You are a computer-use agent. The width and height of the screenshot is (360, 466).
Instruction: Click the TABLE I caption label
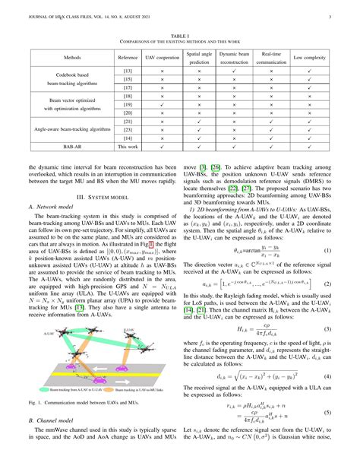point(180,35)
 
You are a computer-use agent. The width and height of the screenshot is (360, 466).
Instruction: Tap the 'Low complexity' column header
point(310,57)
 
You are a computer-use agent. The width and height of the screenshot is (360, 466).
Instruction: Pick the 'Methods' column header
point(68,57)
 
